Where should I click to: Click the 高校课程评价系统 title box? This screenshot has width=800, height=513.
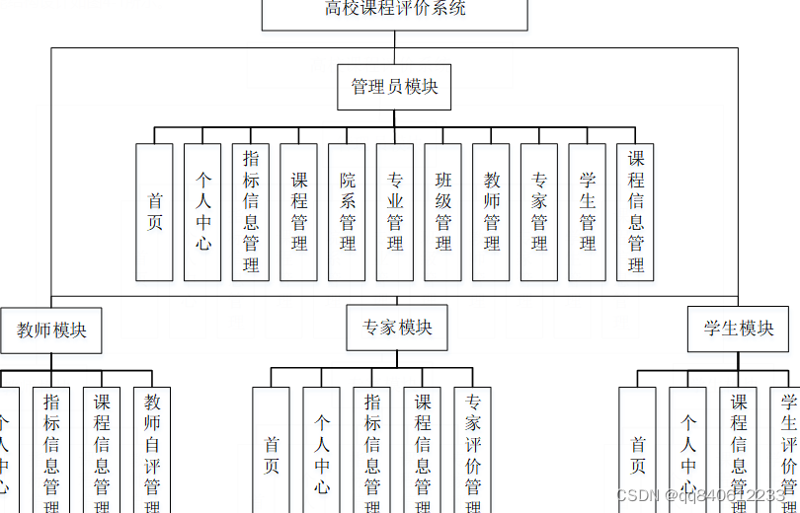click(x=394, y=11)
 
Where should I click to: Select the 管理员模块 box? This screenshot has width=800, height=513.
click(x=394, y=87)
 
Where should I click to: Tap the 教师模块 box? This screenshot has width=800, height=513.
click(x=51, y=330)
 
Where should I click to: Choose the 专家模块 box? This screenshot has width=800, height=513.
click(x=397, y=328)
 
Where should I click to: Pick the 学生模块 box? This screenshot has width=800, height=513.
click(x=738, y=329)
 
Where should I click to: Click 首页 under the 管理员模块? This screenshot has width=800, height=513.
click(x=155, y=212)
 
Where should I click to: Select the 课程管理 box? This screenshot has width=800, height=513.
click(x=299, y=212)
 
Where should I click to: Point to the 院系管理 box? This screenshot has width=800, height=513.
click(x=348, y=212)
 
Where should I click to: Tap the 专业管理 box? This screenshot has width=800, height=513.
click(x=395, y=212)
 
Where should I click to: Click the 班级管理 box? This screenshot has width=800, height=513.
click(x=443, y=212)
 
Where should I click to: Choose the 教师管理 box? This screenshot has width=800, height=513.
click(x=492, y=212)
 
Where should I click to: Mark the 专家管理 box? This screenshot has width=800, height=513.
click(x=539, y=212)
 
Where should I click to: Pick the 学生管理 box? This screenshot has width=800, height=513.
click(x=588, y=212)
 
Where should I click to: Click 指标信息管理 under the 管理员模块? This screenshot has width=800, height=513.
click(x=251, y=212)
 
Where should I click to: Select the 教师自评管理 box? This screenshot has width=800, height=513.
click(x=152, y=449)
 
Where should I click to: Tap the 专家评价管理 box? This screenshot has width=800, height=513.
click(x=473, y=449)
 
